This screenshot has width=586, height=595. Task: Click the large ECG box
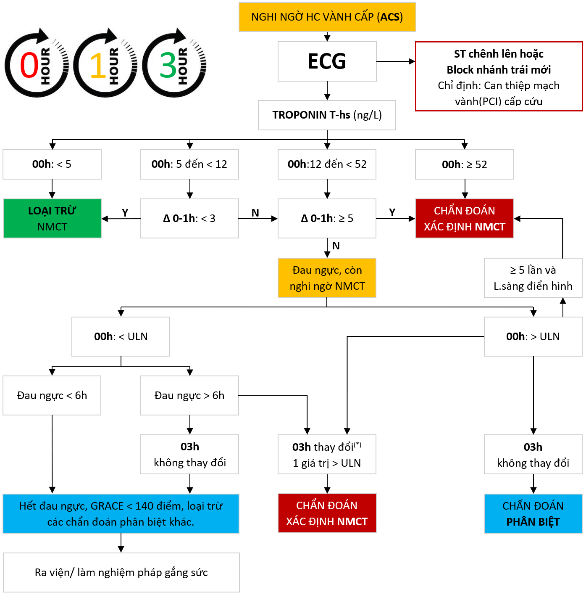(x=327, y=61)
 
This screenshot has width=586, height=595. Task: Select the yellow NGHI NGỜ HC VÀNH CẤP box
(x=327, y=17)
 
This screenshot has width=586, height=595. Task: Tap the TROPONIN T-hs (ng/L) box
(x=327, y=115)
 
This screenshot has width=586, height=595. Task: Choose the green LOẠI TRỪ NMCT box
(x=52, y=219)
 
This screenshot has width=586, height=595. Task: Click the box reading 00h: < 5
(x=52, y=164)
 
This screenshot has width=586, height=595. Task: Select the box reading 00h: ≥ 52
(x=464, y=164)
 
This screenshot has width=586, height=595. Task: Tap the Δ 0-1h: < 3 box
(x=189, y=219)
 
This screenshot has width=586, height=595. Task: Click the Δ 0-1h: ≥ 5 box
(x=327, y=219)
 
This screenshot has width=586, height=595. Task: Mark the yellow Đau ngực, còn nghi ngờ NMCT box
(x=327, y=278)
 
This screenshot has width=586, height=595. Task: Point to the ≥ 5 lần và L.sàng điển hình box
(x=533, y=278)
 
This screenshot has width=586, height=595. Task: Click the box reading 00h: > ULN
(x=533, y=336)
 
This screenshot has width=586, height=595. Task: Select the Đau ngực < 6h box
(x=52, y=395)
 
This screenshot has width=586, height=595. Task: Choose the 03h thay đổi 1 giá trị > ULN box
(x=327, y=455)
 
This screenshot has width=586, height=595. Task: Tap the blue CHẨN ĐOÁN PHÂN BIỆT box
(x=533, y=513)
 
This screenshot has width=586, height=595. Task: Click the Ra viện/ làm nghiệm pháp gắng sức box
(x=121, y=572)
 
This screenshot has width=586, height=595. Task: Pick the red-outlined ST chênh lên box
(x=499, y=77)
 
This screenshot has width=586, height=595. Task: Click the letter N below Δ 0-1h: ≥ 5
(x=336, y=246)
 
